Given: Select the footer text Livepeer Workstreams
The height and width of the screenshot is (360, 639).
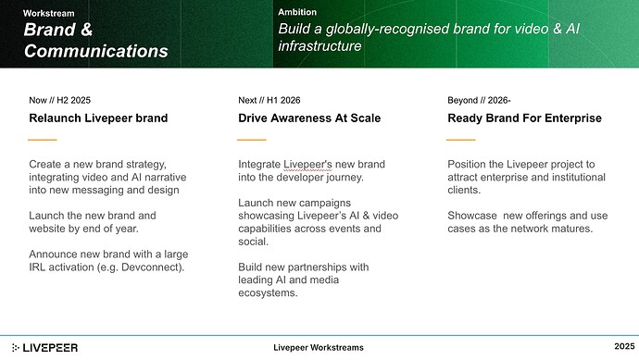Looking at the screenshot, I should [319, 347].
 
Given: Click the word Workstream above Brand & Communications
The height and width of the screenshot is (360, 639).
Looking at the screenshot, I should [50, 14].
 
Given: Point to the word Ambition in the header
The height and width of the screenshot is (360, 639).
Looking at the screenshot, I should [297, 12].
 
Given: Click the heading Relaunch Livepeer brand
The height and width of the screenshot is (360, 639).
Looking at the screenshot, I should [98, 118].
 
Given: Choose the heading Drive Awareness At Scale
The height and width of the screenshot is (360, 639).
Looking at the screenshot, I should [308, 118].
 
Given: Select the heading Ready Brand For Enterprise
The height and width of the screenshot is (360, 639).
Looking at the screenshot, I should [524, 118].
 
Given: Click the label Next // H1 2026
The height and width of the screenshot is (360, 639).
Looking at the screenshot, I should [269, 99].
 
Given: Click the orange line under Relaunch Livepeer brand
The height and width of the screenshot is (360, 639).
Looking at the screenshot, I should [43, 140].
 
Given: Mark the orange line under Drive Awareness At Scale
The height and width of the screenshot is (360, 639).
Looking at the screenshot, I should [252, 140].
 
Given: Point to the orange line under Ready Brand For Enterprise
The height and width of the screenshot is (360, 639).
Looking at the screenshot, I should [461, 140].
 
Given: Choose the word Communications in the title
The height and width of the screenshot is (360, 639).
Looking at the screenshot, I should [96, 51].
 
